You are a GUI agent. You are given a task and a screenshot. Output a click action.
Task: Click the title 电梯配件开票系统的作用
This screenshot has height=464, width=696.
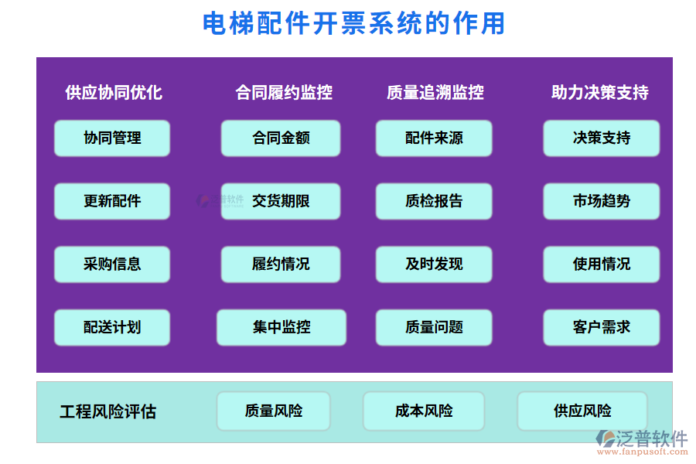tap(353, 24)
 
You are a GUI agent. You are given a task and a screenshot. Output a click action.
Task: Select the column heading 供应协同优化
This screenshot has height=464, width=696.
tap(114, 93)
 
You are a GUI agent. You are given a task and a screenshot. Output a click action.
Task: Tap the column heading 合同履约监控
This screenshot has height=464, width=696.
tap(284, 93)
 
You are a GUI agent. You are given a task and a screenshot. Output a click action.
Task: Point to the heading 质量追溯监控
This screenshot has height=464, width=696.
tap(435, 93)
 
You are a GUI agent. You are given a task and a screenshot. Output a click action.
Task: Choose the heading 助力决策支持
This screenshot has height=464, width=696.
tap(599, 93)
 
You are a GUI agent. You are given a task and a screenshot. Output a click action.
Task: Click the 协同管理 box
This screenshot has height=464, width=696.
tap(112, 138)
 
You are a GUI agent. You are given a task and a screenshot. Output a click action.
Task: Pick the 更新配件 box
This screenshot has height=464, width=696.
tap(112, 201)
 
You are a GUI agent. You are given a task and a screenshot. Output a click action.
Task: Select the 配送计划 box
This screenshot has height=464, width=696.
tap(112, 327)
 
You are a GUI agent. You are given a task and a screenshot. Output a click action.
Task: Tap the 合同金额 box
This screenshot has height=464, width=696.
tap(281, 138)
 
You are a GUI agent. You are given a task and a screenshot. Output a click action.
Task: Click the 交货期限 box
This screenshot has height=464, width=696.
tap(281, 201)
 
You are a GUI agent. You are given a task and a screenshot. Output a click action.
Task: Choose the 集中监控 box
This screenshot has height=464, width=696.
tap(281, 327)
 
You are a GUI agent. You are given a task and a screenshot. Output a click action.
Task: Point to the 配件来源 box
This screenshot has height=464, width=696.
tap(434, 138)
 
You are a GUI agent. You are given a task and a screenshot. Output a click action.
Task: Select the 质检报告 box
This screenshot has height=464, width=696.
tap(434, 201)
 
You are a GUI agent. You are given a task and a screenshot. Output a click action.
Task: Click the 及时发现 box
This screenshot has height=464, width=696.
tap(434, 264)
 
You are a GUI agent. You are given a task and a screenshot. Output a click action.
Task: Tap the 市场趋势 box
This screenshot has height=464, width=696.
tap(601, 201)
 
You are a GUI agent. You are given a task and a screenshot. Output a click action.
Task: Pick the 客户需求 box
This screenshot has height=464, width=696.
tap(601, 327)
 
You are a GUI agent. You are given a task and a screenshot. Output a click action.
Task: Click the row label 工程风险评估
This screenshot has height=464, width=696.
tap(107, 412)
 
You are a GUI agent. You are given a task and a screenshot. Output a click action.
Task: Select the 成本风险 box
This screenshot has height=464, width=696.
tap(424, 411)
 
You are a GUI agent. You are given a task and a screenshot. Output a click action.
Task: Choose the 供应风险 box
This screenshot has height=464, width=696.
tap(582, 411)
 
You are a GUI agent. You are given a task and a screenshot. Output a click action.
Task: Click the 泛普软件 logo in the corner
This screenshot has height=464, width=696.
tap(641, 442)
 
